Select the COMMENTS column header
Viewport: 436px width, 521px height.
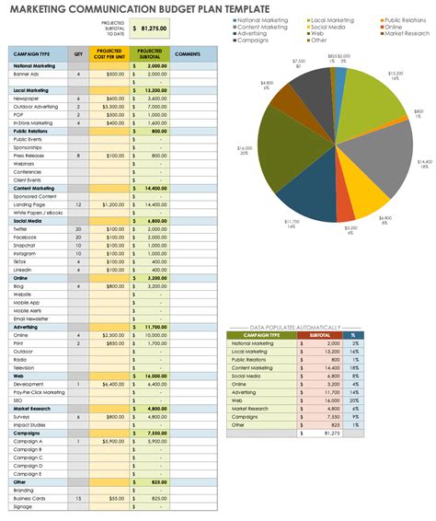tap(187, 54)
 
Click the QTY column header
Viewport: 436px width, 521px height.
tap(78, 54)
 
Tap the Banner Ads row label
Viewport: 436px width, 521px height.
tap(27, 74)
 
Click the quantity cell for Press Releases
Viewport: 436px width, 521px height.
tap(78, 156)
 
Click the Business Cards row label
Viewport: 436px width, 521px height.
tap(30, 498)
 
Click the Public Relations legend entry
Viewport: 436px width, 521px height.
tap(405, 19)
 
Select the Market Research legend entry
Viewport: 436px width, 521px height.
tap(407, 33)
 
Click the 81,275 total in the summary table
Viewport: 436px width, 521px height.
tap(332, 408)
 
